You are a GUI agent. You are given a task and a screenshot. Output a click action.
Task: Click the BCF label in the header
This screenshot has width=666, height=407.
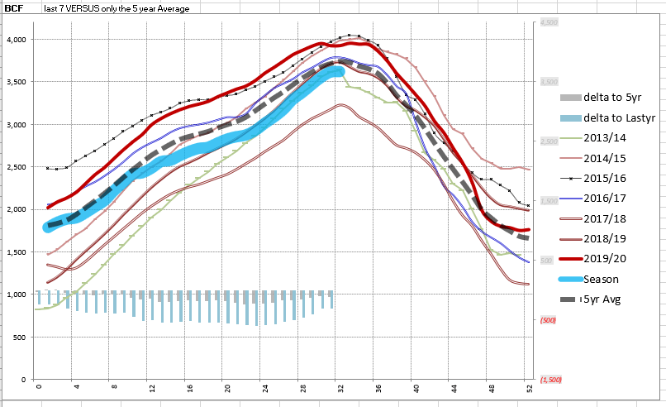[x=13, y=8]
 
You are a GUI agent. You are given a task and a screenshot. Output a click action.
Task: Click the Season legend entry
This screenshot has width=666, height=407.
[x=601, y=279]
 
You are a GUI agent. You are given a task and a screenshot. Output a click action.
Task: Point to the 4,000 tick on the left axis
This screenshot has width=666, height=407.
[x=17, y=40]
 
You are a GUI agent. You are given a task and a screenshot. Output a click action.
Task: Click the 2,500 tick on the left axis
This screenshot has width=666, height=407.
[x=17, y=167]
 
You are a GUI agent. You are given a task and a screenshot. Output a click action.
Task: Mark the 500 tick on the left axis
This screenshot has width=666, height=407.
[x=20, y=338]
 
